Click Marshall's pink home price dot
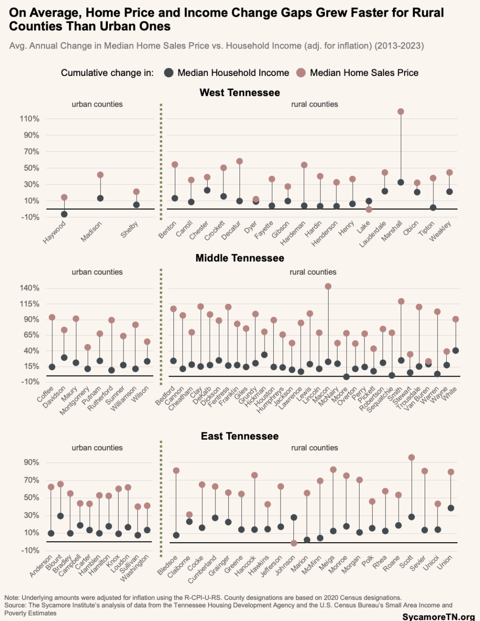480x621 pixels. pos(401,112)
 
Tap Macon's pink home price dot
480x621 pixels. pos(328,287)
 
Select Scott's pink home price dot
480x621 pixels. pos(411,457)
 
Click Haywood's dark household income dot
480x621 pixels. pos(64,214)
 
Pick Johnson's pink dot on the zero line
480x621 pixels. pos(294,543)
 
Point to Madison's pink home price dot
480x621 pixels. pos(100,175)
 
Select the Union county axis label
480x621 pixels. pos(445,563)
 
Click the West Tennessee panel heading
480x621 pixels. pos(240,93)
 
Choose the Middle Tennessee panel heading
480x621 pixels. pos(240,258)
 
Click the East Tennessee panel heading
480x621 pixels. pos(240,436)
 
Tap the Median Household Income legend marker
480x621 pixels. pos(168,73)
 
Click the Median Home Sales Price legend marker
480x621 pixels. pos(301,73)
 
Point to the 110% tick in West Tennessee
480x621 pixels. pos(29,119)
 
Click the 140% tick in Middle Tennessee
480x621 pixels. pos(29,288)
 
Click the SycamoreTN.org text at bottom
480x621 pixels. pos(438,617)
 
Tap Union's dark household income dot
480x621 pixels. pos(451,508)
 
